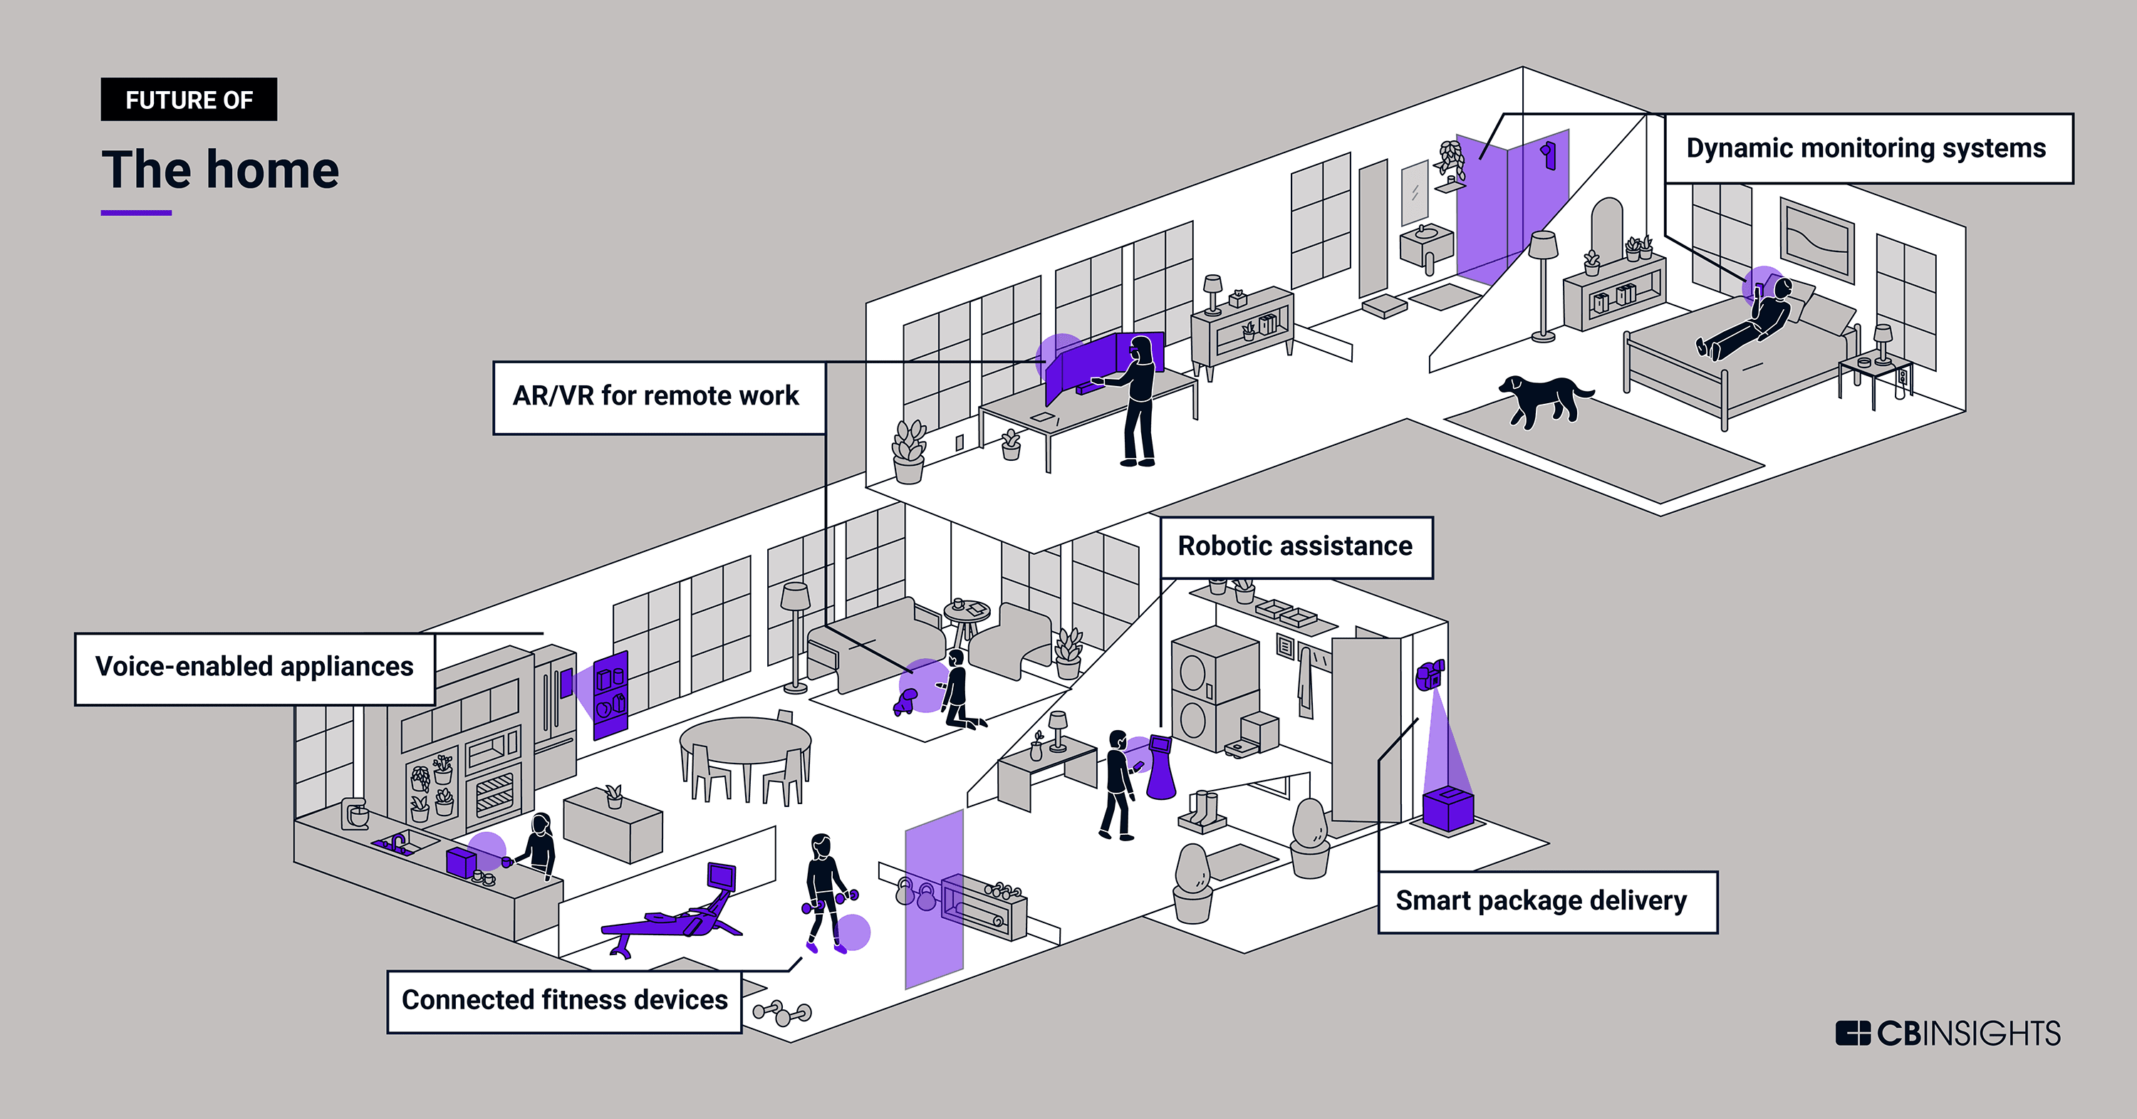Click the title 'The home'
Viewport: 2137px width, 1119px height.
coord(220,170)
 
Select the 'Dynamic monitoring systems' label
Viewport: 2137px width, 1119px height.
coord(1866,148)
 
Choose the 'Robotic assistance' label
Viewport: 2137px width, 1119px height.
coord(1295,546)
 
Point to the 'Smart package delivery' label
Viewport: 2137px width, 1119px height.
coord(1541,901)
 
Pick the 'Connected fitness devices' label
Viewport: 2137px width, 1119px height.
coord(564,1000)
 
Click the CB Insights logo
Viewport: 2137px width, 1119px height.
coord(1948,1033)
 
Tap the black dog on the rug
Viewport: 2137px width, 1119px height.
coord(1541,397)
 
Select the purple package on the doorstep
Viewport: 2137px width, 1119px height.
coord(1447,808)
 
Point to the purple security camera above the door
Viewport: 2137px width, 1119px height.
coord(1430,675)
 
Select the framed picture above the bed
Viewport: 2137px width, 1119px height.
coord(1816,240)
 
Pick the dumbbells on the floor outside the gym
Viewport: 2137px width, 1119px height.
coord(781,1013)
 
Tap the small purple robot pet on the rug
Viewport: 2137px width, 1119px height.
coord(905,702)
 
